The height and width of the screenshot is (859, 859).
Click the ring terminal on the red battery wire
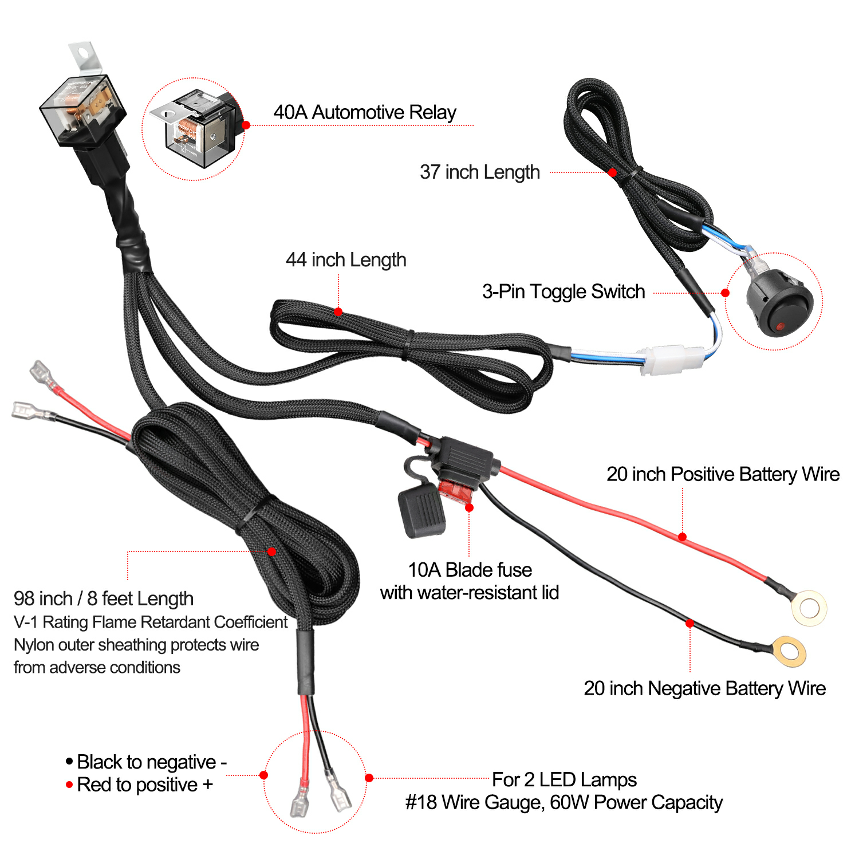[809, 608]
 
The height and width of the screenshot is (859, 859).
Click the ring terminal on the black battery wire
[789, 651]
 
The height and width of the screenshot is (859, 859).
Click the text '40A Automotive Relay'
[365, 112]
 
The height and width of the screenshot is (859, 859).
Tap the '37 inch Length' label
[480, 172]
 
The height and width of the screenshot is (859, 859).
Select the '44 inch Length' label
[346, 260]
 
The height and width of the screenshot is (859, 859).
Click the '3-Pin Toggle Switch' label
[564, 291]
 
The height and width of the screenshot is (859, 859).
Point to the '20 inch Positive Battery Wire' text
[723, 474]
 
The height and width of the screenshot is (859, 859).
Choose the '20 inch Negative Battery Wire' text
[705, 688]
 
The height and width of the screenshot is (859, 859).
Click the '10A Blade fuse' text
[470, 570]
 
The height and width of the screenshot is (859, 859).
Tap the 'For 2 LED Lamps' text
[564, 779]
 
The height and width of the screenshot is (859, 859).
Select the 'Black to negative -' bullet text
[147, 762]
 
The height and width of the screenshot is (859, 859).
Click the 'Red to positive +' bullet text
[139, 785]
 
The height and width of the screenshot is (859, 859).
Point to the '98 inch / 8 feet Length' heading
[104, 599]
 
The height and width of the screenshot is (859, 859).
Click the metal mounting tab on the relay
[85, 56]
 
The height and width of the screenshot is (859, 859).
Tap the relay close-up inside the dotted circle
[194, 129]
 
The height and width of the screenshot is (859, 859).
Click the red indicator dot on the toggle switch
[779, 326]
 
